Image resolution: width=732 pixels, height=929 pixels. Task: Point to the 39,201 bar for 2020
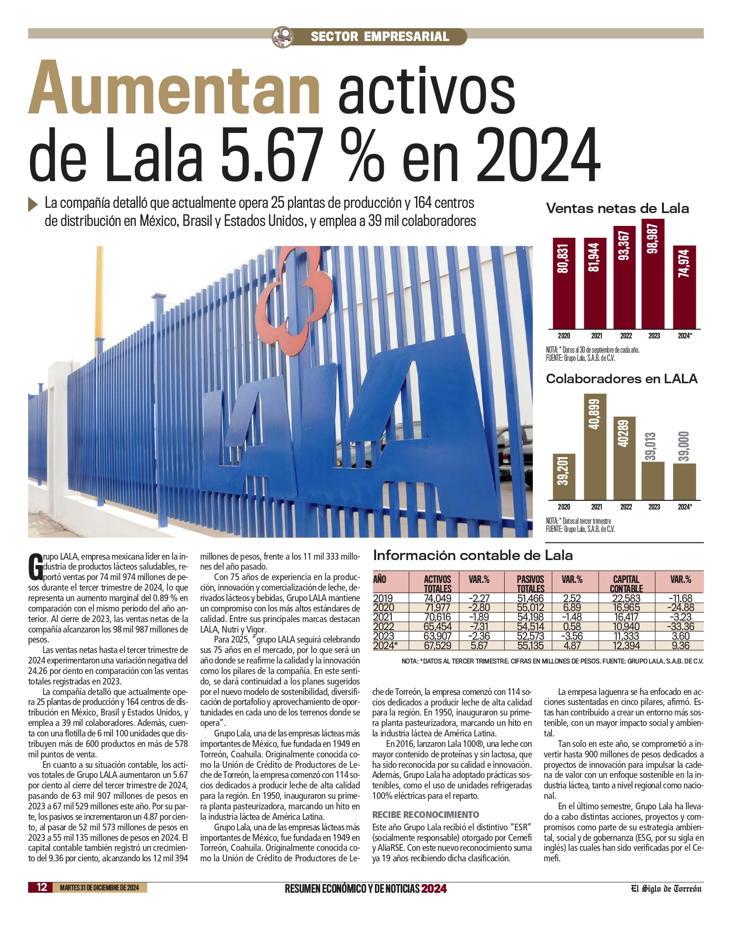click(x=564, y=477)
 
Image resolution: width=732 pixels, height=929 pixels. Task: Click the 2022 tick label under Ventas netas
click(x=626, y=336)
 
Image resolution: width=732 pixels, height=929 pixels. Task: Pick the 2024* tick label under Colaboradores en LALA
click(x=685, y=507)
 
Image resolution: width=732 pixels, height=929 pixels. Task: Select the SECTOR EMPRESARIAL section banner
click(x=379, y=37)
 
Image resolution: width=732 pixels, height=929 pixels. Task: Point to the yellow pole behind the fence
click(x=100, y=296)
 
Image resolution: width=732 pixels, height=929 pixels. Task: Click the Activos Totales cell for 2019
click(x=437, y=598)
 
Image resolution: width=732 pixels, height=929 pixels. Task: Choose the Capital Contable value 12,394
click(x=626, y=646)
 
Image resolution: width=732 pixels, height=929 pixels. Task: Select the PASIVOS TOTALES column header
click(x=530, y=583)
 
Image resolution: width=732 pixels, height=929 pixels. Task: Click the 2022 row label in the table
click(x=384, y=627)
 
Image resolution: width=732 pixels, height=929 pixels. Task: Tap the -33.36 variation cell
click(x=680, y=627)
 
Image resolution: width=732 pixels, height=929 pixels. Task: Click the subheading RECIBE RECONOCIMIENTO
click(x=426, y=815)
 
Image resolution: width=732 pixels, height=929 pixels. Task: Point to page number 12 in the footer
click(x=42, y=887)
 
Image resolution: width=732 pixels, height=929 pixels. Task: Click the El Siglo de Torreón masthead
click(x=666, y=888)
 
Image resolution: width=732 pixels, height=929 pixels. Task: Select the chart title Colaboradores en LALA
click(x=621, y=379)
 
